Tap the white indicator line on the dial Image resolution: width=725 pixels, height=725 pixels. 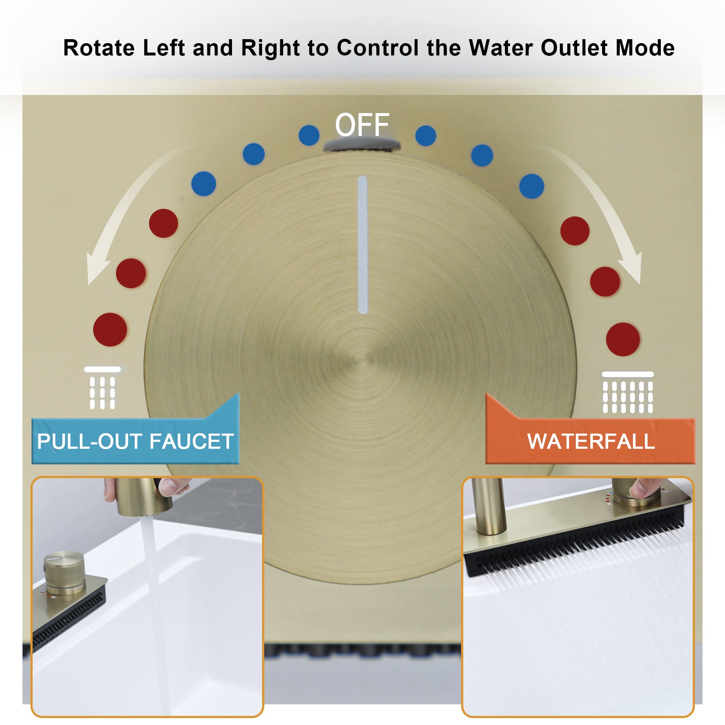[362, 245]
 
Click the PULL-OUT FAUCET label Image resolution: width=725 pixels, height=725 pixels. [135, 441]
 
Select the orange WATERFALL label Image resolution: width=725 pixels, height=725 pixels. [591, 441]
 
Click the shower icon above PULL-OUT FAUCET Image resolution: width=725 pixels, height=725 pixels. [102, 388]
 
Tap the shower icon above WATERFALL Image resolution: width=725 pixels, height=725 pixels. [627, 393]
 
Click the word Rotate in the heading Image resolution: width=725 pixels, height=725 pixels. [99, 48]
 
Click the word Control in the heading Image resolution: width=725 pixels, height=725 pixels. [378, 48]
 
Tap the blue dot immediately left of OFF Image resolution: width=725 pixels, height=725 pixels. [309, 135]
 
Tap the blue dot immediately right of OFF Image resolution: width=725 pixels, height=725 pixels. [426, 136]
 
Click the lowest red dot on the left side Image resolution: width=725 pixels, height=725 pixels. [110, 330]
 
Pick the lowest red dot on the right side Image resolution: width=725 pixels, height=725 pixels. [623, 339]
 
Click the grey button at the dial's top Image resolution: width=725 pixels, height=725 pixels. [362, 145]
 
